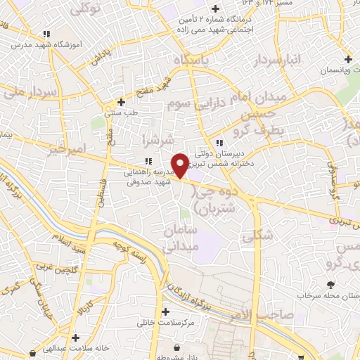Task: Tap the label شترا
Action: point(153,136)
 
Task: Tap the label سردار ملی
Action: point(21,91)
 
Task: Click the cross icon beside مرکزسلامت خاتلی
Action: point(165,311)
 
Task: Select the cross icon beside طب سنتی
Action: point(122,102)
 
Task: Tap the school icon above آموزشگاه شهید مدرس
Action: point(46,34)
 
